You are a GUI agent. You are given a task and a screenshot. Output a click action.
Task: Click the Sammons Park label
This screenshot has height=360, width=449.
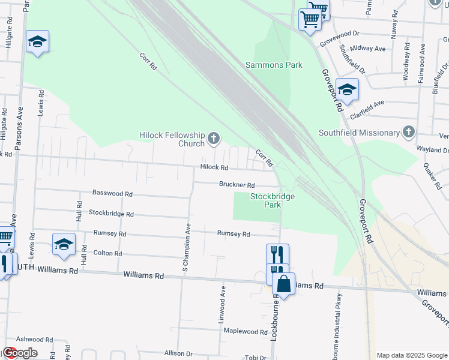pyautogui.click(x=274, y=65)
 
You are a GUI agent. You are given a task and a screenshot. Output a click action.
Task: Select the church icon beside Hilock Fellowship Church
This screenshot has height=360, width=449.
pyautogui.click(x=213, y=140)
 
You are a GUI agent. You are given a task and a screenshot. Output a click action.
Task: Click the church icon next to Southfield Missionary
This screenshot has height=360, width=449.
pyautogui.click(x=409, y=131)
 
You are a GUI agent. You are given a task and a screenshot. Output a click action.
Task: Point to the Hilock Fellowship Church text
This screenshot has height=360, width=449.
pyautogui.click(x=172, y=139)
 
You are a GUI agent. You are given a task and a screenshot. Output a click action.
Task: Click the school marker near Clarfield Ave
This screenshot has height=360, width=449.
pyautogui.click(x=347, y=89)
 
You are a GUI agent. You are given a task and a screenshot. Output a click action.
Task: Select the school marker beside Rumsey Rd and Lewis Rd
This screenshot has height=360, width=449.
pyautogui.click(x=64, y=244)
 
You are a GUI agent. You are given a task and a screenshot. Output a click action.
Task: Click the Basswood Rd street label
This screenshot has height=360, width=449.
pyautogui.click(x=112, y=193)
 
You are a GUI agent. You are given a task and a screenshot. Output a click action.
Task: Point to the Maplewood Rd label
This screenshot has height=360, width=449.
pyautogui.click(x=244, y=331)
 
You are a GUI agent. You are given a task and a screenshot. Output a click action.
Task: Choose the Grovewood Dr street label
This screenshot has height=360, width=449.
pyautogui.click(x=339, y=38)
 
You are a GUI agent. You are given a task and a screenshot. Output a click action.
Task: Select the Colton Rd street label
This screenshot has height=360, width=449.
pyautogui.click(x=107, y=253)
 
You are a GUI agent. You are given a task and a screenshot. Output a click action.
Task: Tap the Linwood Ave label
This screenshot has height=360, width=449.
pyautogui.click(x=223, y=305)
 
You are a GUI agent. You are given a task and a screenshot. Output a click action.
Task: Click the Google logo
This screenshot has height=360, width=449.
pyautogui.click(x=20, y=353)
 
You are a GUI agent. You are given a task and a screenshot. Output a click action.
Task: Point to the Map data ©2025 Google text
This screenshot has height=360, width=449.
pyautogui.click(x=411, y=355)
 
